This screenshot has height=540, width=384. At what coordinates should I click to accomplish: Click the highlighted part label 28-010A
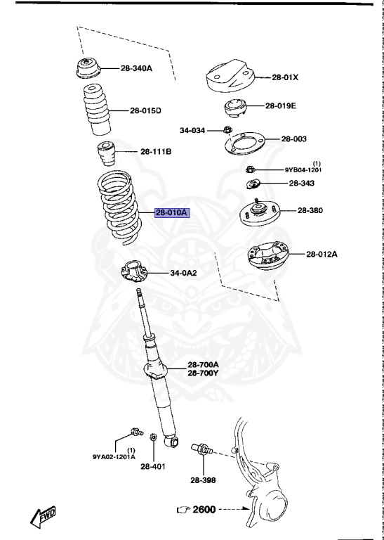click(x=173, y=212)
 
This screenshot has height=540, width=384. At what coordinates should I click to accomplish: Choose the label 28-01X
click(x=285, y=77)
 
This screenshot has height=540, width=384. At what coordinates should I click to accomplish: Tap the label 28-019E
click(x=281, y=106)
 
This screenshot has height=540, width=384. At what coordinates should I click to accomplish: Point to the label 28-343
click(x=301, y=184)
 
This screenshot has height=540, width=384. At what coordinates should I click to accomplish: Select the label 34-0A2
click(x=183, y=274)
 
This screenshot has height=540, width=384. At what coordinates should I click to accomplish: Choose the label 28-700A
click(x=203, y=364)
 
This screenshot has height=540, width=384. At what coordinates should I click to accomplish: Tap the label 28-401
click(x=153, y=465)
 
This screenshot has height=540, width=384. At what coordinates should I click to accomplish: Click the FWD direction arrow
click(x=44, y=517)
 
